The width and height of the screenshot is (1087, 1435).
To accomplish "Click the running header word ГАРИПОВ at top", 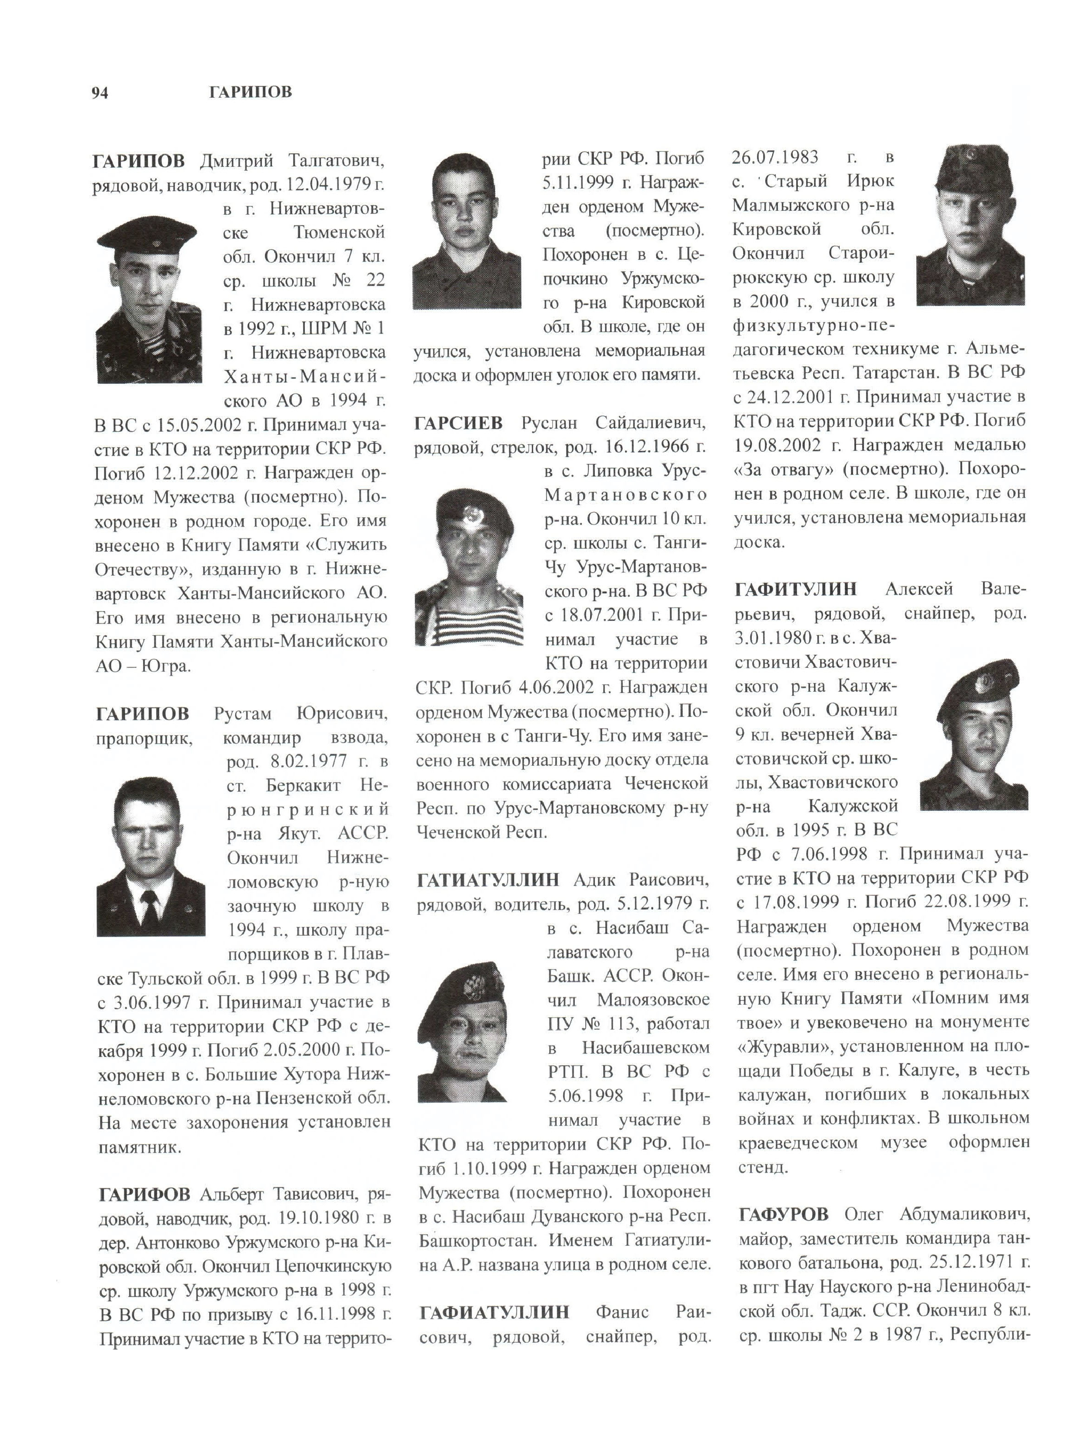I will [x=250, y=92].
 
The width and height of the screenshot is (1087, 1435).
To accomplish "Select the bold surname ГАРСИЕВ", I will [x=458, y=424].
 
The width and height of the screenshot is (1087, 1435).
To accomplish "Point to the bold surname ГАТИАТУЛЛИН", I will [x=488, y=880].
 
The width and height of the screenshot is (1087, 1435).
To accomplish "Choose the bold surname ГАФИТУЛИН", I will [x=796, y=589].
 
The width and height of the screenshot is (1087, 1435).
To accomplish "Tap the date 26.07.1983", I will [x=774, y=158].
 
